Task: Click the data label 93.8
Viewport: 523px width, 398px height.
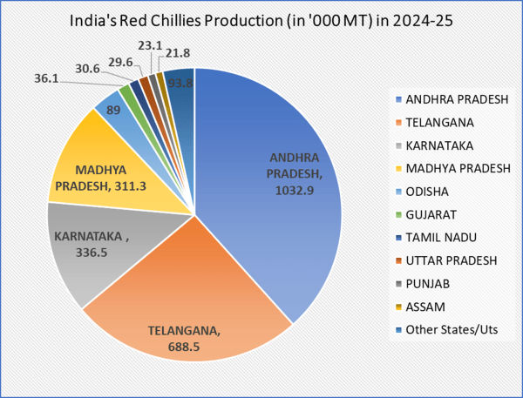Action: (180, 83)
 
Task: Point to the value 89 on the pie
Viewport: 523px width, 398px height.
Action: (113, 110)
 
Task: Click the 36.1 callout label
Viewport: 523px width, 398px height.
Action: (46, 78)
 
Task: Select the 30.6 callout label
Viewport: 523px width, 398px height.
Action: (87, 69)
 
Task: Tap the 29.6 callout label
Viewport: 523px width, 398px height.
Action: (120, 63)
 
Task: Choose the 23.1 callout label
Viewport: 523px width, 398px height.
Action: (150, 45)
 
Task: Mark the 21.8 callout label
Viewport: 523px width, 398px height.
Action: (178, 53)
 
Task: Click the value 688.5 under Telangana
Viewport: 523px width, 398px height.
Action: (184, 347)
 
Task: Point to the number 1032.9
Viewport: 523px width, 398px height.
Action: (295, 191)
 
